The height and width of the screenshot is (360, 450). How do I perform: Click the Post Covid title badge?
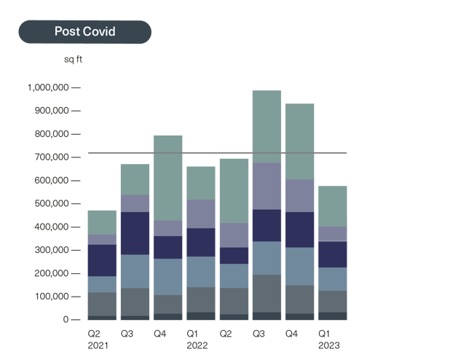point(84,32)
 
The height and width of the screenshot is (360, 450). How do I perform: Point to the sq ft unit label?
point(73,59)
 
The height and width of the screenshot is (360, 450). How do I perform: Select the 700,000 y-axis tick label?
point(50,157)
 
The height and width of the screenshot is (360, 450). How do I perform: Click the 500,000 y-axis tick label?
point(50,204)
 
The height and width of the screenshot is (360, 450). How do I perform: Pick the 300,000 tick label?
point(50,251)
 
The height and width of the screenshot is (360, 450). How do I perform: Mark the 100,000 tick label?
point(50,297)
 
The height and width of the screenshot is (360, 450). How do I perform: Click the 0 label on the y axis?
point(66,320)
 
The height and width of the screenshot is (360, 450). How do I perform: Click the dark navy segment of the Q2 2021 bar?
point(103,260)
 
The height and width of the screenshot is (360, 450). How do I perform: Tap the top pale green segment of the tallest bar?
point(267,126)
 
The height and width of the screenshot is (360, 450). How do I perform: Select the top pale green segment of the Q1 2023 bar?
point(332,206)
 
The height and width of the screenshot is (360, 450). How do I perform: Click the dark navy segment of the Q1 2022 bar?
point(201,242)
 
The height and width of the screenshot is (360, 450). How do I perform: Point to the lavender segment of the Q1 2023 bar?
point(332,233)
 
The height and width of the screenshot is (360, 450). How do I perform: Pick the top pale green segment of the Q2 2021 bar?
point(103,222)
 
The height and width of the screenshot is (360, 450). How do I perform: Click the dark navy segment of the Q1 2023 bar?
point(332,254)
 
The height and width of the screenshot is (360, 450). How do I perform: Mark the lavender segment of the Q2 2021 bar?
point(103,239)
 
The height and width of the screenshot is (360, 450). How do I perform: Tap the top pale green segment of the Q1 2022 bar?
point(201,182)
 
